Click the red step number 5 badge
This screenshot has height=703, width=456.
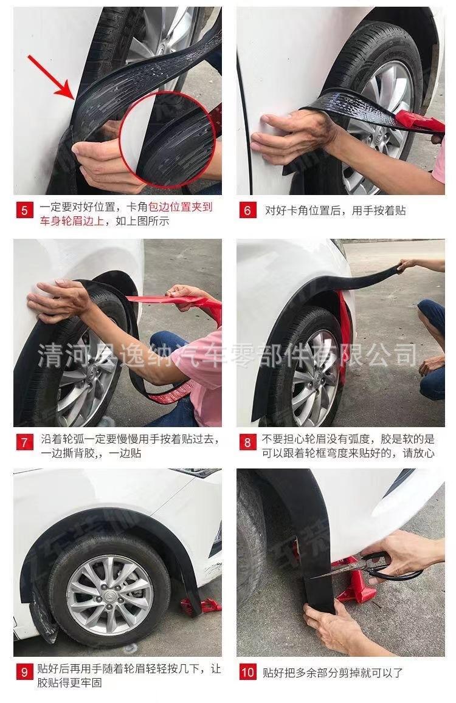click(x=24, y=210)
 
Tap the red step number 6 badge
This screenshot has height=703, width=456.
click(x=247, y=210)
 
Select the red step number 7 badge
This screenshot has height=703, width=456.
click(x=24, y=442)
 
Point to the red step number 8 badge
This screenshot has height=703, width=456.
click(x=247, y=442)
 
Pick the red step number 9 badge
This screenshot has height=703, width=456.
click(x=24, y=672)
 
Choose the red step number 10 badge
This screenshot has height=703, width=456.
click(x=247, y=672)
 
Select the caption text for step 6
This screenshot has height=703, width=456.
click(x=335, y=210)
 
